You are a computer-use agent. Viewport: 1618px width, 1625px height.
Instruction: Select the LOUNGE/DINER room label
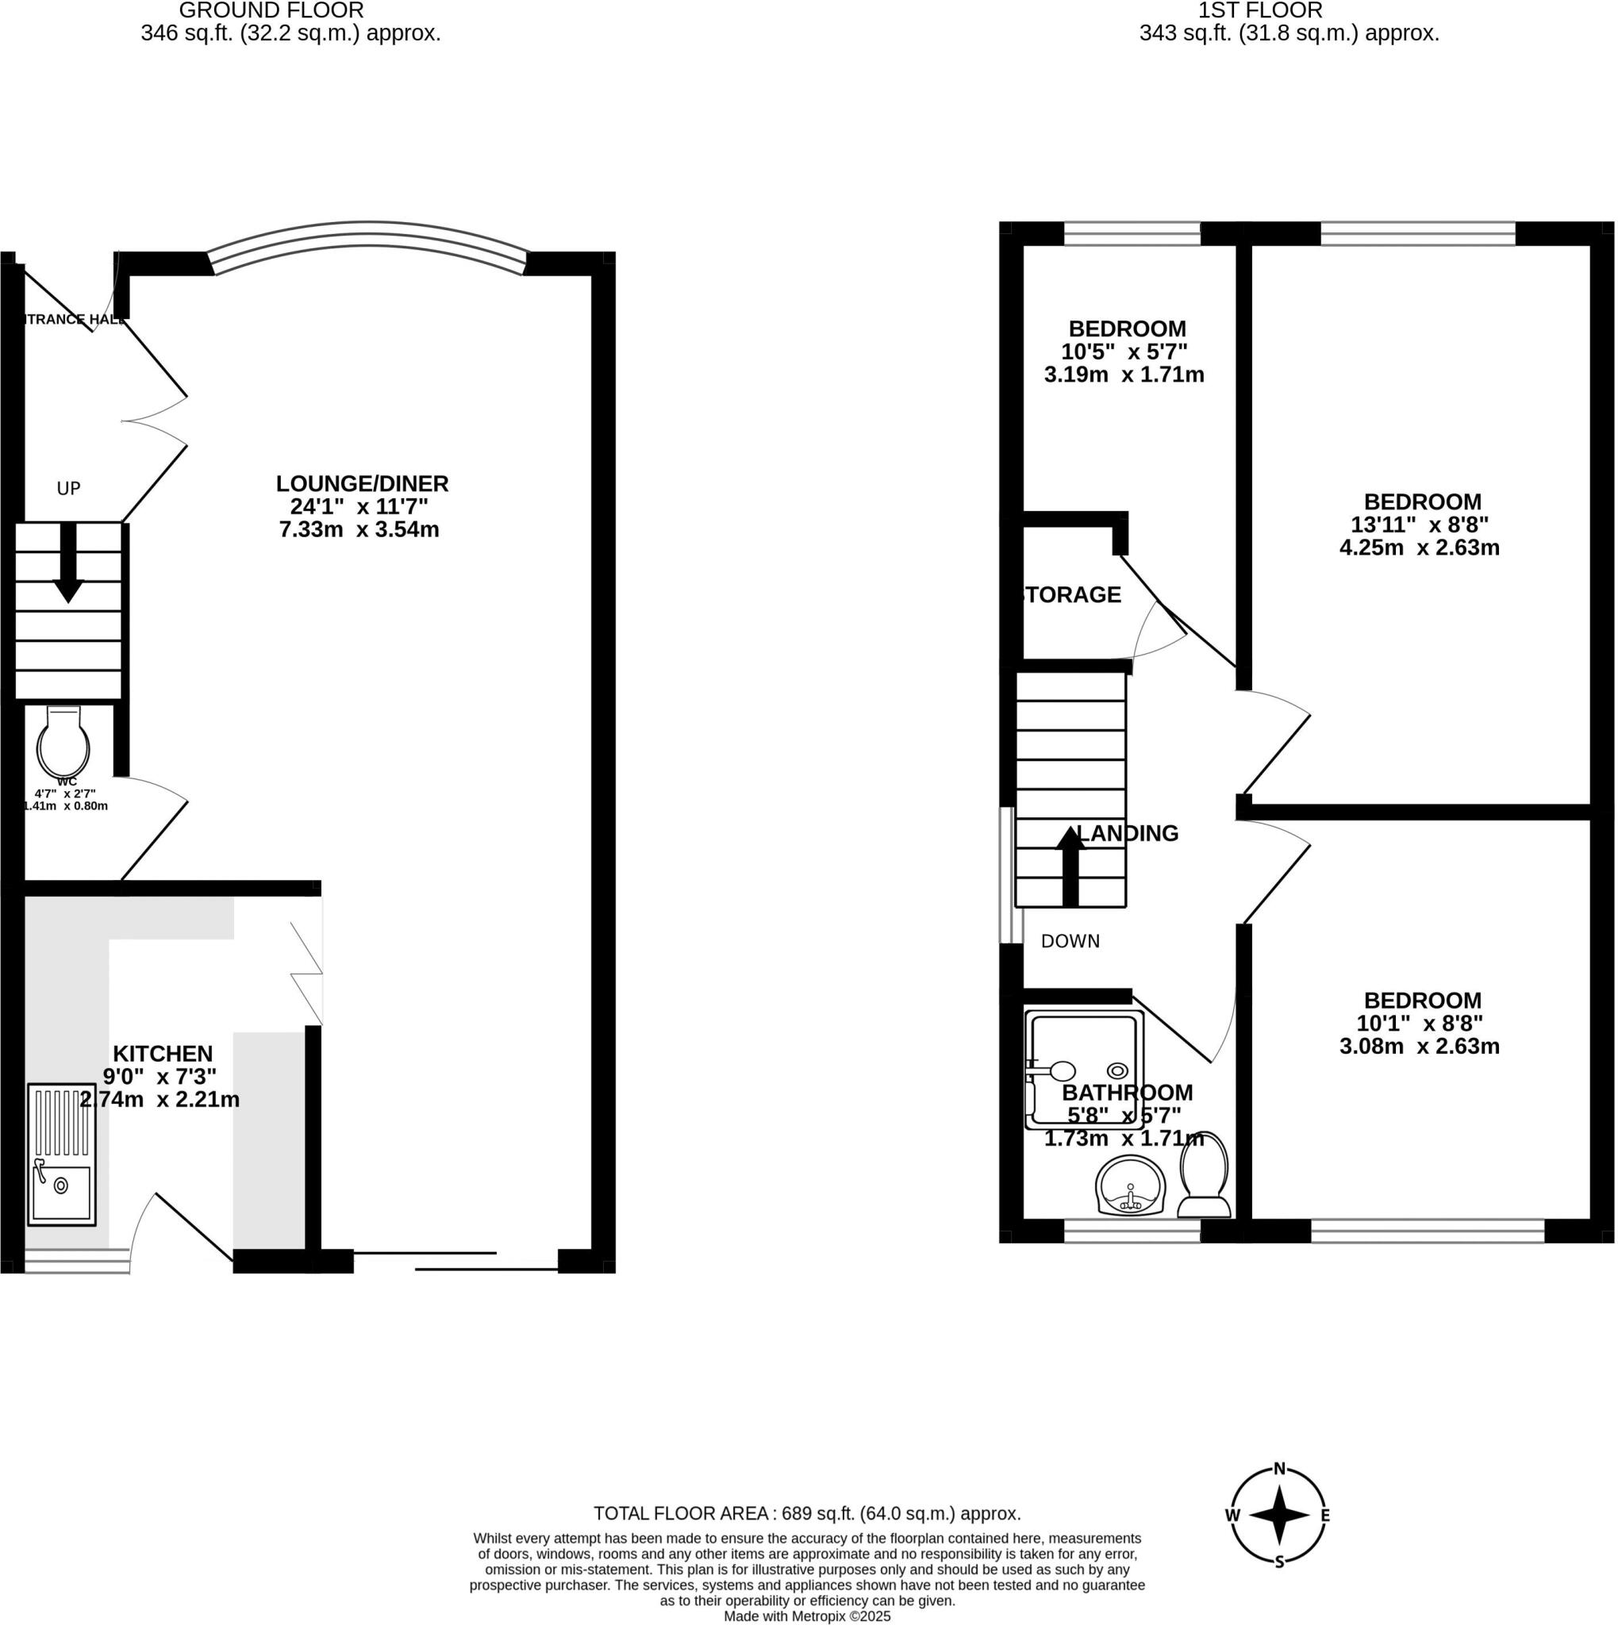[x=363, y=484]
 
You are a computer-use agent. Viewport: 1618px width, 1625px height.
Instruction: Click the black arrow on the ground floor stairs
[x=68, y=563]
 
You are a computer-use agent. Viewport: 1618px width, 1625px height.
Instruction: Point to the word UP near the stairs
[x=68, y=489]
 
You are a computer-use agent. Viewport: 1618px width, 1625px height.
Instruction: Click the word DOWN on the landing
[x=1070, y=941]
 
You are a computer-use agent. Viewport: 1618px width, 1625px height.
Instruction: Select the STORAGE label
[x=1070, y=594]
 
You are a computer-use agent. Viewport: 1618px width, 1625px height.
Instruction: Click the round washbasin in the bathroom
[x=1131, y=1187]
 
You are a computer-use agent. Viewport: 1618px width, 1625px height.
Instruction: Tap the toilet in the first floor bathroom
[x=1205, y=1174]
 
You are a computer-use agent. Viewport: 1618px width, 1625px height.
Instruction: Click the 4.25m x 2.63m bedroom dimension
[x=1419, y=547]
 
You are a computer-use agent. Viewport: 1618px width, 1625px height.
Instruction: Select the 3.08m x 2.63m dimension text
[x=1419, y=1047]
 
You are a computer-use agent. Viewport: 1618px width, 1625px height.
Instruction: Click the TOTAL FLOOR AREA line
[x=807, y=1514]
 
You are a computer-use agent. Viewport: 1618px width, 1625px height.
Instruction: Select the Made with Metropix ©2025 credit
[x=807, y=1616]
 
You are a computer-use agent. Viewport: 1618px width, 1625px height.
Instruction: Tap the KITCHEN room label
[x=163, y=1053]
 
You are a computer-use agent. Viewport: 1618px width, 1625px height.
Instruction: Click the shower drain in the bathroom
[x=1116, y=1070]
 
